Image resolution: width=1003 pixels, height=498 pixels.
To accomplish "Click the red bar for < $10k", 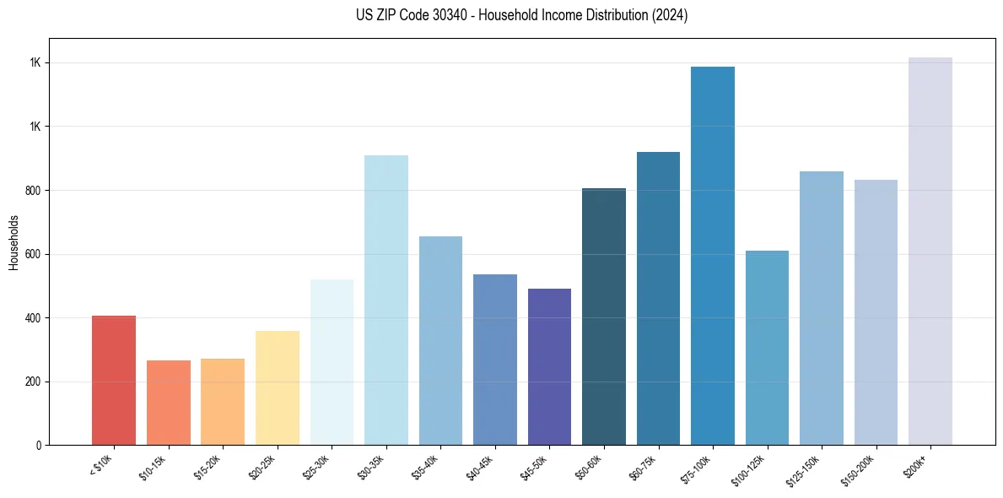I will (x=114, y=381).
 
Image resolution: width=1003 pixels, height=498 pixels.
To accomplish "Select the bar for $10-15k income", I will (x=169, y=403).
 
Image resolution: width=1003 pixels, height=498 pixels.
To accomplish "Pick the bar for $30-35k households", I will (x=386, y=300).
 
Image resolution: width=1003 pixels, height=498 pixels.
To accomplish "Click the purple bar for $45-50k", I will (x=549, y=366).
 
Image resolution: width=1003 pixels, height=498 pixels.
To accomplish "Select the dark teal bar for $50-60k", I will (x=604, y=317).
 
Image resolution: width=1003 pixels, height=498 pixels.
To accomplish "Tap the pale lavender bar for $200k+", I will (x=930, y=251).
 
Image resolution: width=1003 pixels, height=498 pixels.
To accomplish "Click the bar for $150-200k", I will (x=876, y=312).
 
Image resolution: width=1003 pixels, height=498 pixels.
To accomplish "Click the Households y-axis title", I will (x=14, y=241).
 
